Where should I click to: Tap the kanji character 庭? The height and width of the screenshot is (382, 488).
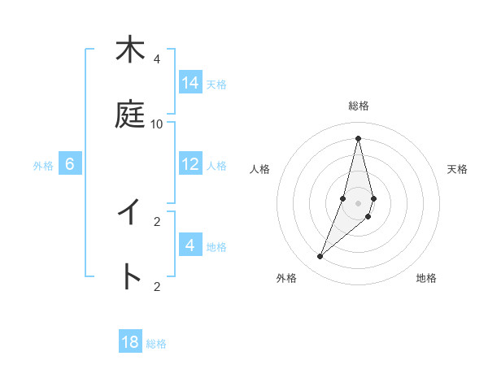pyautogui.click(x=129, y=115)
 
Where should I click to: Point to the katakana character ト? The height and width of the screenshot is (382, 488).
pyautogui.click(x=129, y=276)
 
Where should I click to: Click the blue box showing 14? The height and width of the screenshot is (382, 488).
pyautogui.click(x=190, y=83)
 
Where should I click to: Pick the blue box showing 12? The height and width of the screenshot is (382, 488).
pyautogui.click(x=190, y=164)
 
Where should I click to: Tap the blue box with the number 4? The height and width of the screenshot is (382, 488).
pyautogui.click(x=190, y=245)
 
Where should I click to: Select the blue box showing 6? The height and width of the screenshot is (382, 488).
pyautogui.click(x=70, y=164)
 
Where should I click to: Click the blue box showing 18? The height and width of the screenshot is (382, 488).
pyautogui.click(x=130, y=342)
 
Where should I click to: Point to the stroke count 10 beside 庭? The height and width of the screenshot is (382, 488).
pyautogui.click(x=157, y=124)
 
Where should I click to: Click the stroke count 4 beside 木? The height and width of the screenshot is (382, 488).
pyautogui.click(x=157, y=59)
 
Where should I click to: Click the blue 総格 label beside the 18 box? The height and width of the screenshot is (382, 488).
pyautogui.click(x=156, y=344)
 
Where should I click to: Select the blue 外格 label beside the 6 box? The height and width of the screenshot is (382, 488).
pyautogui.click(x=43, y=166)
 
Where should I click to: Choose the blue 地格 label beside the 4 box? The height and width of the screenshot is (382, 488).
pyautogui.click(x=216, y=247)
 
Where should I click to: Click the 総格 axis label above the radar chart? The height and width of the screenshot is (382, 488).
pyautogui.click(x=359, y=106)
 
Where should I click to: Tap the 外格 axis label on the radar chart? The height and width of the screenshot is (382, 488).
pyautogui.click(x=286, y=278)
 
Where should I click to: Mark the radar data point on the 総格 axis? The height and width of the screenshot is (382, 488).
pyautogui.click(x=358, y=137)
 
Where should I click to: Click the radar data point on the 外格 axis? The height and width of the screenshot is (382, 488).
pyautogui.click(x=320, y=257)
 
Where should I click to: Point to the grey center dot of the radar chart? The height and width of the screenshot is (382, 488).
pyautogui.click(x=358, y=203)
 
